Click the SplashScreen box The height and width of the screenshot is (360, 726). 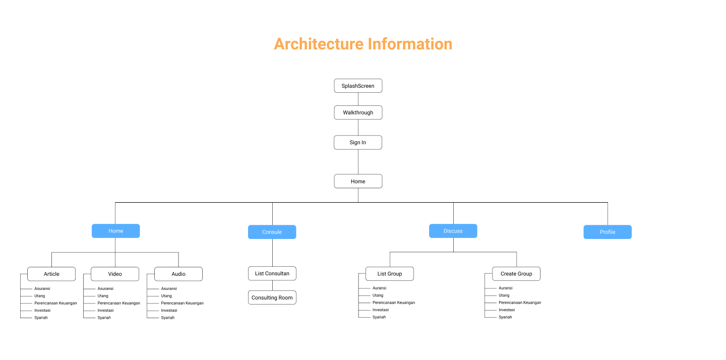(x=358, y=86)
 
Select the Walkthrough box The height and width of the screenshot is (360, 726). (x=358, y=112)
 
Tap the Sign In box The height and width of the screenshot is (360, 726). (x=358, y=143)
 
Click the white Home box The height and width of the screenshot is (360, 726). (x=358, y=182)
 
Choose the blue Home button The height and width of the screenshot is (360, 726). (x=115, y=231)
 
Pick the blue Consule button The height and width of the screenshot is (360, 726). (x=272, y=232)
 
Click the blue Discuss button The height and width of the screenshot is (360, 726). (x=453, y=231)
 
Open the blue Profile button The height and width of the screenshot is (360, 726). (x=608, y=232)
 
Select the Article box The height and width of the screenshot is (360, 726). (x=51, y=274)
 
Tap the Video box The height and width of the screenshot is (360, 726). (x=115, y=274)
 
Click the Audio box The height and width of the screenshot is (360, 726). (x=178, y=274)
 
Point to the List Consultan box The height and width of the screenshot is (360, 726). (x=272, y=273)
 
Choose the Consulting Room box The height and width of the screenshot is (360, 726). (x=272, y=297)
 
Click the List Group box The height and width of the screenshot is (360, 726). (x=390, y=274)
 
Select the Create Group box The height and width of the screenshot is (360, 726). (x=516, y=274)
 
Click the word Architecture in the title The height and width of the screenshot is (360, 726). (x=319, y=44)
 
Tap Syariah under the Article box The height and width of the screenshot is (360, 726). (x=41, y=318)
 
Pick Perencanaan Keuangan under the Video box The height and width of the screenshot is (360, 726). (x=118, y=303)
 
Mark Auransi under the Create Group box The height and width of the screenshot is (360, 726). (x=506, y=288)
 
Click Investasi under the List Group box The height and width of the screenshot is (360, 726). (x=381, y=310)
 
